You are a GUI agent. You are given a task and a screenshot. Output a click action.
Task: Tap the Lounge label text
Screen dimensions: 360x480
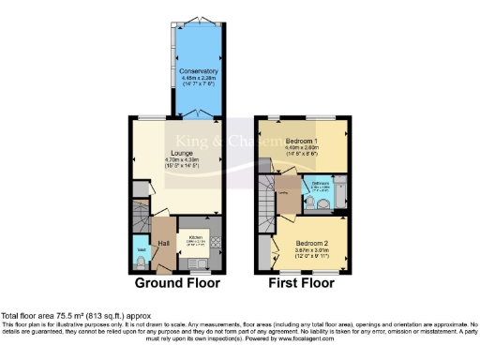181,153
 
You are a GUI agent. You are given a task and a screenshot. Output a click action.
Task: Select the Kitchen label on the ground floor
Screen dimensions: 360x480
196,237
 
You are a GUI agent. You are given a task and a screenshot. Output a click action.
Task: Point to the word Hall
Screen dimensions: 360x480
163,244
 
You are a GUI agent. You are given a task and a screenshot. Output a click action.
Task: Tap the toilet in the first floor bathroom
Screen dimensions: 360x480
322,202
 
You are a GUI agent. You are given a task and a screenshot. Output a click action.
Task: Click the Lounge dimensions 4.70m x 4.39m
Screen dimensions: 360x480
181,160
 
